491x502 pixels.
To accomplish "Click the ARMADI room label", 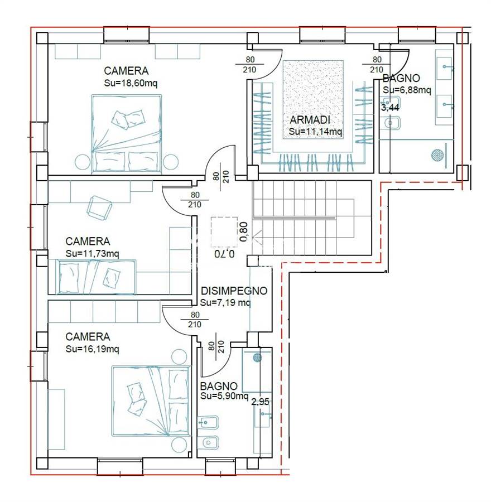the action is point(310,120).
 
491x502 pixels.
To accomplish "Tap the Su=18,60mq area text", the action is point(131,83).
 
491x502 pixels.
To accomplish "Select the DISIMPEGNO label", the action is point(234,291).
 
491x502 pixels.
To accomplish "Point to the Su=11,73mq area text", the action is point(92,254).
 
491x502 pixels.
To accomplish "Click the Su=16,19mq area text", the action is point(92,349).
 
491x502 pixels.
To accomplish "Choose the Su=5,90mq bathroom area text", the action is point(224,396).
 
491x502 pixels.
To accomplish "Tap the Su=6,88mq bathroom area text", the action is point(407,90).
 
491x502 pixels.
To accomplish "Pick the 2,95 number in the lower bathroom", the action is point(260,402).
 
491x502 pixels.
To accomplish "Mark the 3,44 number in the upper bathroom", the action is point(390,108).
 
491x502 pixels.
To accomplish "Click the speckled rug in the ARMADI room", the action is point(313,100).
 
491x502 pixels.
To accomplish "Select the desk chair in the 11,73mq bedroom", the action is point(99,208).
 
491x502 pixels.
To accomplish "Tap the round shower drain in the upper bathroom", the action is point(437,155).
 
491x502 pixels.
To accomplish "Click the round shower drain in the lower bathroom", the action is point(257,358).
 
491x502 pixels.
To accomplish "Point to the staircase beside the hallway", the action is point(312,218).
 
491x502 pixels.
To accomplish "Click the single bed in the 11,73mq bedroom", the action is point(97,277).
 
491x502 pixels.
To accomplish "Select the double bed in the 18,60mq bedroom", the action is point(127,134).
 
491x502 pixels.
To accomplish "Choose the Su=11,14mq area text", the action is point(315,132).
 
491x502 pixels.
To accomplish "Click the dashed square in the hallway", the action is point(224,232).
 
